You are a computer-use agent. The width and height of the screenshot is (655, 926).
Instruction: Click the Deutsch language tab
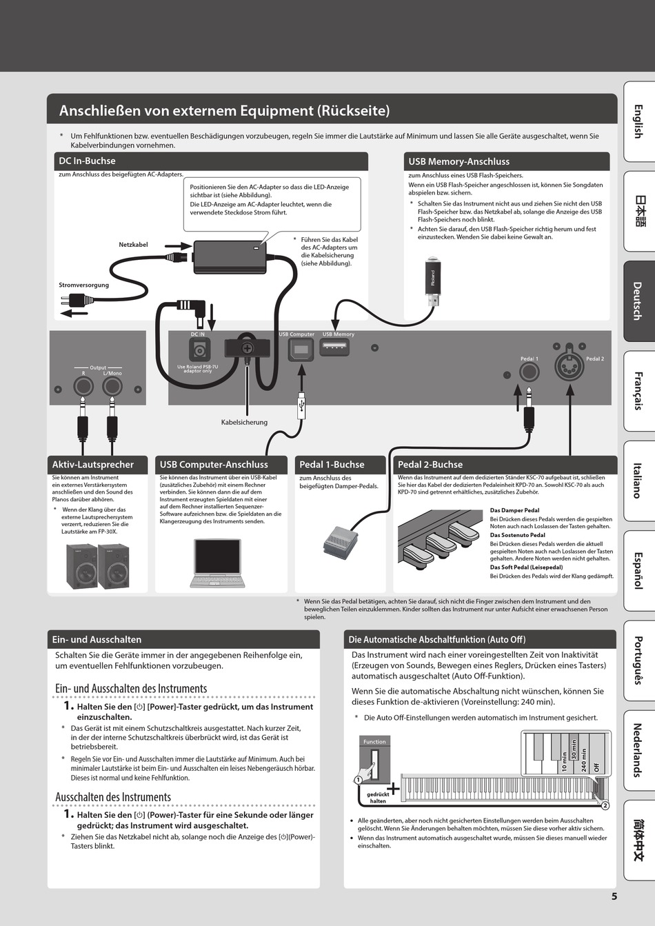point(638,301)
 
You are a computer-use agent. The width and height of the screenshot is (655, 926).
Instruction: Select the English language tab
point(638,121)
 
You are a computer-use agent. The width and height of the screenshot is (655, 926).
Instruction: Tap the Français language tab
point(638,390)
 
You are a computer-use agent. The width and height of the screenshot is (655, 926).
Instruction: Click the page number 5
point(614,896)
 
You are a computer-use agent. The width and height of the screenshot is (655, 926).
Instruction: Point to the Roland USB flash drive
point(432,283)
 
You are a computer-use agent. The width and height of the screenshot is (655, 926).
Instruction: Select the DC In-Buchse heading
point(88,161)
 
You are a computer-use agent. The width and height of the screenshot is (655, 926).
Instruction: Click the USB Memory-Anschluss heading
point(458,161)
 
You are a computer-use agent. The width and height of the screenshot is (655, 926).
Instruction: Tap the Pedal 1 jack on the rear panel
point(529,372)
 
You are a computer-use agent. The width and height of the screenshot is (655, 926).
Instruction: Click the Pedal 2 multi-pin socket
point(570,358)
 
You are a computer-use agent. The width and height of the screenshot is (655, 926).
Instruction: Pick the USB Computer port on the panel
point(301,350)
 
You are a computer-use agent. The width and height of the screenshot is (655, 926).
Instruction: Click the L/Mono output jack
point(112,386)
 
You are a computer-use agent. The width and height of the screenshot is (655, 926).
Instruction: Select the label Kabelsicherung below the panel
point(244,422)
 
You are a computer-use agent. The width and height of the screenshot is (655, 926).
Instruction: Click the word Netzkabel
point(133,245)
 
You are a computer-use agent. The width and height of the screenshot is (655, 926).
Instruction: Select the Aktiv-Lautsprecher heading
point(93,465)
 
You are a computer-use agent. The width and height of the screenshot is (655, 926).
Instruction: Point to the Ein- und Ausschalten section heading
point(97,639)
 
